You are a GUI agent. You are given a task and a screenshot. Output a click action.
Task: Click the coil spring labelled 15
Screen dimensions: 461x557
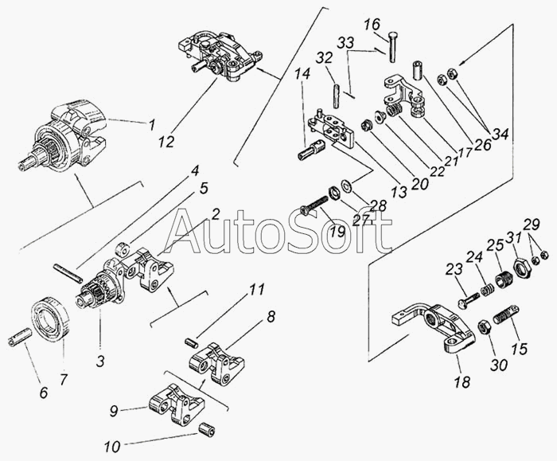point(502,319)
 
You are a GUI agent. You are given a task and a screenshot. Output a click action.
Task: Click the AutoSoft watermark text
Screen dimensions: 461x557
point(278,232)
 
